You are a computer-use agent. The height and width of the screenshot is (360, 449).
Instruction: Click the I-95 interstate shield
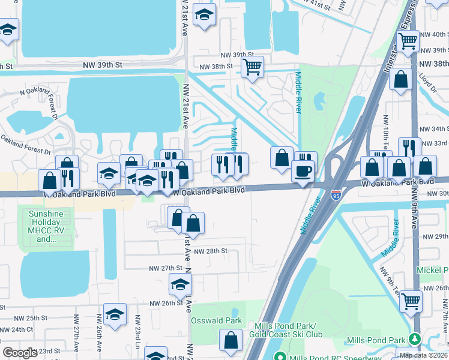[x=336, y=195]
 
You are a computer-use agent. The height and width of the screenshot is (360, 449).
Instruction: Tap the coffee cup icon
[x=303, y=170]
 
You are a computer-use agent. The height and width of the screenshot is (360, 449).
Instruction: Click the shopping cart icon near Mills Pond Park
[x=411, y=300]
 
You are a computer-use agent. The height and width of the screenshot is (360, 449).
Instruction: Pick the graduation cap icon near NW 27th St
[x=179, y=285]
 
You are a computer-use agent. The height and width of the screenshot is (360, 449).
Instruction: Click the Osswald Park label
[x=217, y=320]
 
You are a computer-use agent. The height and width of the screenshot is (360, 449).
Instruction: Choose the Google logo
[x=19, y=353]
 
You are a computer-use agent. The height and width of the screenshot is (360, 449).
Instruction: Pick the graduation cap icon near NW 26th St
[x=115, y=314]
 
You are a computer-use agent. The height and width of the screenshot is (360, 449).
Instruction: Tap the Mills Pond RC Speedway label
[x=335, y=357]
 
